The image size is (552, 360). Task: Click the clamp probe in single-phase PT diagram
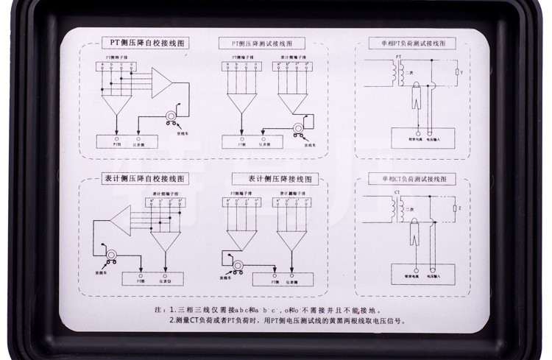[418, 94]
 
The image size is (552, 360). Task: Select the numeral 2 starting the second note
[171, 321]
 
